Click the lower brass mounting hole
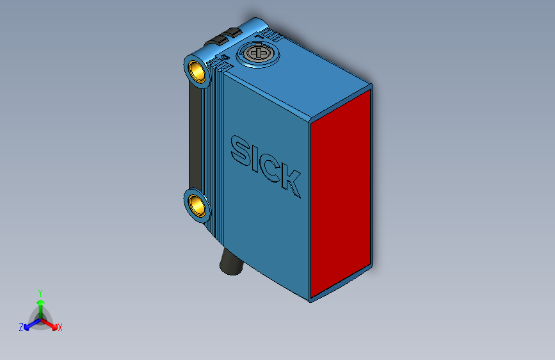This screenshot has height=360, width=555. (198, 206)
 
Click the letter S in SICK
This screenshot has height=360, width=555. (241, 150)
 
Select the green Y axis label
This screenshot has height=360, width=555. (40, 292)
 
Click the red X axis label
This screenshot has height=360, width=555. (60, 328)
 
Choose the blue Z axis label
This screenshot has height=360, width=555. (20, 327)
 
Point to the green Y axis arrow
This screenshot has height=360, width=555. (40, 305)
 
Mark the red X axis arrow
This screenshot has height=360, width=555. (51, 324)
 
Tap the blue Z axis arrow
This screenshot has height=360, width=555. (29, 325)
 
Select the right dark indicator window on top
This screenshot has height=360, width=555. (231, 32)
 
